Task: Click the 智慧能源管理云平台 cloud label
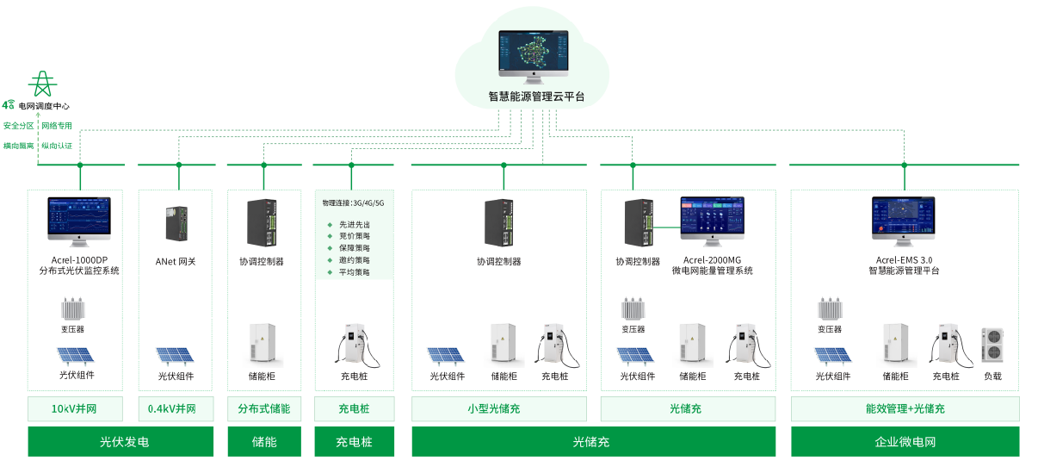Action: [535, 97]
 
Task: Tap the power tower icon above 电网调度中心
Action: [41, 84]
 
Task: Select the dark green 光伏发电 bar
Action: [120, 442]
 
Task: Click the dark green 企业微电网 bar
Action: [905, 442]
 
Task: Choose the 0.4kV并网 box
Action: [175, 408]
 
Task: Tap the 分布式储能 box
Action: [264, 408]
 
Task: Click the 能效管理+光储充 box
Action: [905, 408]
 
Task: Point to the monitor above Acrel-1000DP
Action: [79, 221]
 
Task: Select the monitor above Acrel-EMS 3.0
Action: [903, 221]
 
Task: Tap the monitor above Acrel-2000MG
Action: [712, 221]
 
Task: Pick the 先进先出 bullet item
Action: [354, 224]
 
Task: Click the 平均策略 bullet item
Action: [354, 272]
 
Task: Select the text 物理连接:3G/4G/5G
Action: [353, 203]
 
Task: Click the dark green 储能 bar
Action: [264, 442]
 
